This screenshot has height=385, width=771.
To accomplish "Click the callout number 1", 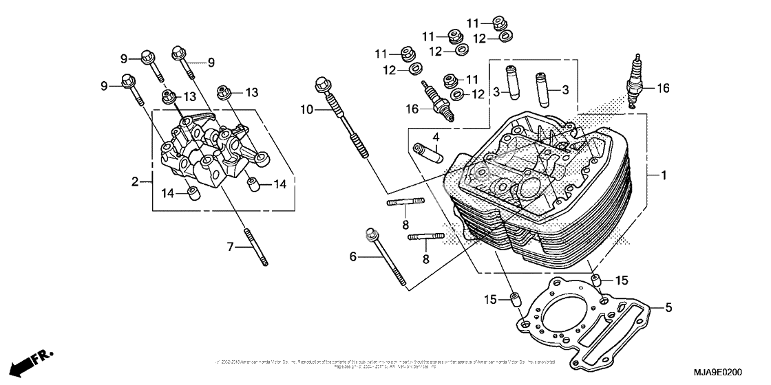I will tap(664, 176).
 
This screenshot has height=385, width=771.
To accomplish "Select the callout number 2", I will tap(136, 182).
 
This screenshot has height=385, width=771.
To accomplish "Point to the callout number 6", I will tap(353, 256).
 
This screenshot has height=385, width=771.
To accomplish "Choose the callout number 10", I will tap(306, 109).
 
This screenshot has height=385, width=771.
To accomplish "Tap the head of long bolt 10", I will tap(321, 85).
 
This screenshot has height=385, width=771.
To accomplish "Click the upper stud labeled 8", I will tap(405, 202).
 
